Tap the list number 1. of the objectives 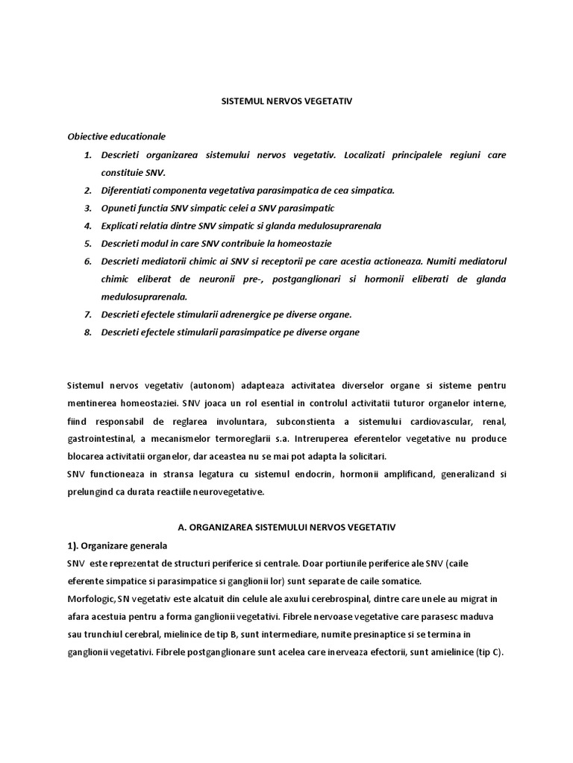point(87,155)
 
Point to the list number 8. point(87,332)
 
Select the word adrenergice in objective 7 point(234,314)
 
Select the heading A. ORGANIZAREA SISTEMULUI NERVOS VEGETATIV point(286,527)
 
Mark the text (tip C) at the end point(489,653)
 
